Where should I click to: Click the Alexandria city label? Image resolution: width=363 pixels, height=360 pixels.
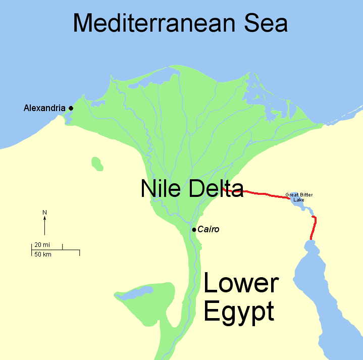(x=44, y=108)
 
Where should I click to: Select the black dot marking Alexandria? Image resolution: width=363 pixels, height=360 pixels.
(x=71, y=108)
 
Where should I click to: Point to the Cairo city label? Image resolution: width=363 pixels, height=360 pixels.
(x=209, y=229)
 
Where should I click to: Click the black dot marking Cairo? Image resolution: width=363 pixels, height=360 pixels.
(x=194, y=230)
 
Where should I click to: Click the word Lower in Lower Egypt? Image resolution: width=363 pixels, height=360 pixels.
(x=241, y=284)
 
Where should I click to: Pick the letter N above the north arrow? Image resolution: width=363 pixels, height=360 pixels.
(x=44, y=212)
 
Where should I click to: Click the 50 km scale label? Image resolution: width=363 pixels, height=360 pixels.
(x=42, y=254)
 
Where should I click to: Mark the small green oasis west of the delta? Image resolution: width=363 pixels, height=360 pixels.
(x=97, y=164)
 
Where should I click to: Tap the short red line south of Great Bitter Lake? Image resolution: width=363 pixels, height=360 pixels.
(x=313, y=228)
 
